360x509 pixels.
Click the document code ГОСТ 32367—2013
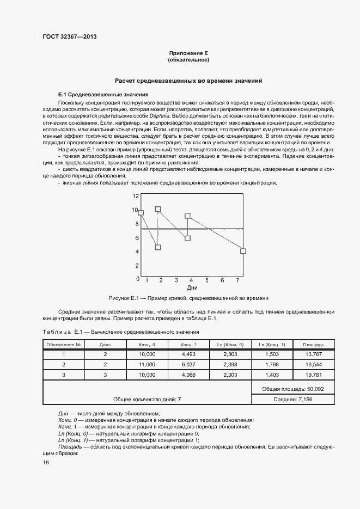coord(70,37)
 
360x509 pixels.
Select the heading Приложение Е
coord(189,53)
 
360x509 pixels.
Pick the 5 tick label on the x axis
coord(207,280)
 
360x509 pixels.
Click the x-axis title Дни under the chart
coord(192,287)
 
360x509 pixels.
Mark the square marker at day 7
coord(243,251)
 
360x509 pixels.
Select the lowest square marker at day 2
coord(158,247)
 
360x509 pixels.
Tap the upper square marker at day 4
coord(188,216)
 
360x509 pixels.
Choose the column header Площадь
coord(314,345)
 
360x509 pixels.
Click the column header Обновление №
coord(64,345)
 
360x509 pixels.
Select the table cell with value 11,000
coord(147,364)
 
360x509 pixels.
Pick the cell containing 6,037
coord(188,364)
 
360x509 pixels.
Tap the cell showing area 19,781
coord(314,375)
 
